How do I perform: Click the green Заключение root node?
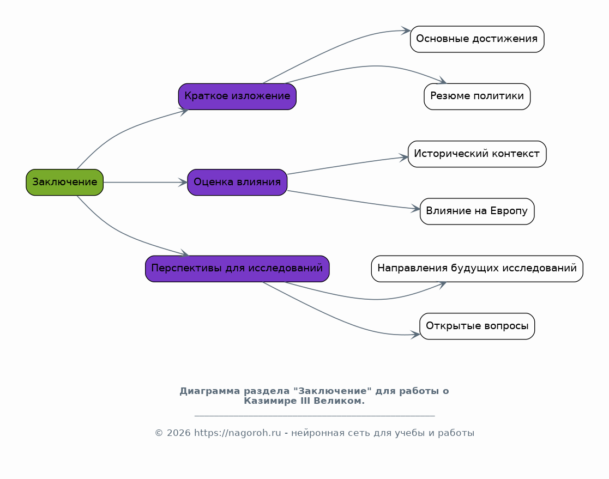(64, 182)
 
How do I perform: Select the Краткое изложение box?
(237, 96)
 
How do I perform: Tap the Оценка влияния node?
(237, 182)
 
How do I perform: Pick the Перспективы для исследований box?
(237, 269)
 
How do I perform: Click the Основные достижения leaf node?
(477, 39)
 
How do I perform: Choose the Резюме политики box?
(477, 96)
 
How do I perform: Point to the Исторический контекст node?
(477, 154)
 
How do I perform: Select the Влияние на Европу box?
(477, 211)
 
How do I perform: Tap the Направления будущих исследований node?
(477, 269)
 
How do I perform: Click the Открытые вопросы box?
(477, 326)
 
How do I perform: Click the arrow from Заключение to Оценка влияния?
(146, 182)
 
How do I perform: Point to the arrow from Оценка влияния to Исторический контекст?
(348, 165)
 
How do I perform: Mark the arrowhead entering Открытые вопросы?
(415, 335)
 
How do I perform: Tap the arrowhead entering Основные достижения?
(406, 31)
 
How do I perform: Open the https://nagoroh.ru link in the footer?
(237, 433)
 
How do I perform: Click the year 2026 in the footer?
(179, 433)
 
